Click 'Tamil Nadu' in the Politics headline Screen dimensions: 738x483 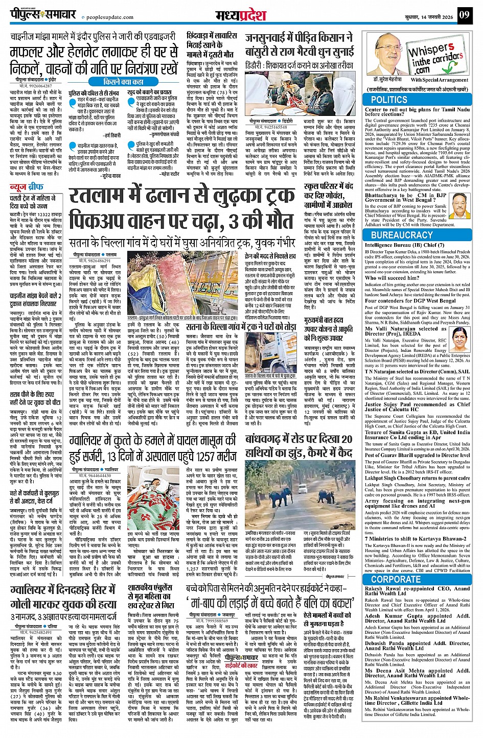[x=453, y=110]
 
